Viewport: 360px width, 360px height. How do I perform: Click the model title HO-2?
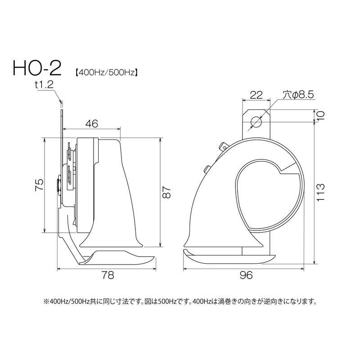coord(37,68)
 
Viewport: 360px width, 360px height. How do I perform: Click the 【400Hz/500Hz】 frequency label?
coord(106,72)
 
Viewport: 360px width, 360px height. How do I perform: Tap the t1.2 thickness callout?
coord(44,85)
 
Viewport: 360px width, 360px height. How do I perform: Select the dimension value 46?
coord(92,124)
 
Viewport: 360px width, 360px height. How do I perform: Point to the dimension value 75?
coord(39,184)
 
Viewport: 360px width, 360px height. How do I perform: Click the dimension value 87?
coord(167,192)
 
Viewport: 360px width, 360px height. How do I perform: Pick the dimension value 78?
coord(108,275)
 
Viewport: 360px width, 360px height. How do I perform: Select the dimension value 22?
coord(256,94)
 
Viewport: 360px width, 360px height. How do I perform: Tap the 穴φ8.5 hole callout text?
coord(298,94)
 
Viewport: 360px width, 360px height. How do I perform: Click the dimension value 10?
coord(320,116)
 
